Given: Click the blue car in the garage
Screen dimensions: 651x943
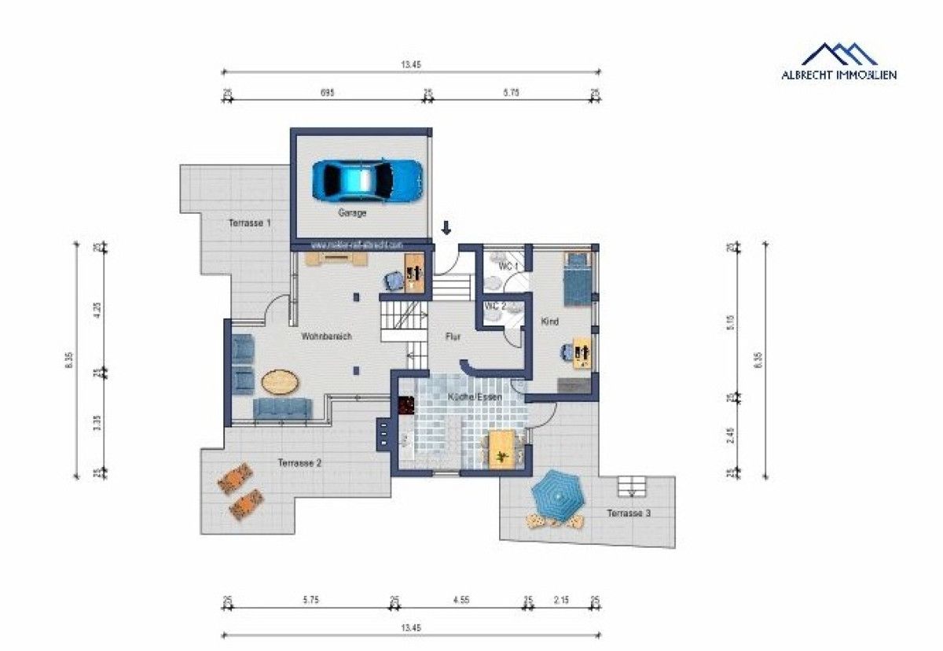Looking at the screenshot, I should pyautogui.click(x=366, y=180).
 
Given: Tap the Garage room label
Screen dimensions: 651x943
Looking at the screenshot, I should pyautogui.click(x=352, y=213).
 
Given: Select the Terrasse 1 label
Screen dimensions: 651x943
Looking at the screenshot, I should pyautogui.click(x=249, y=223).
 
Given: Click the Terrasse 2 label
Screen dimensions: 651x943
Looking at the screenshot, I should pyautogui.click(x=299, y=463).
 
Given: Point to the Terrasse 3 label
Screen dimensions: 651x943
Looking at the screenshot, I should pyautogui.click(x=628, y=513).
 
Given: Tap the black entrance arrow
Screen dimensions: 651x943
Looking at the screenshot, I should pyautogui.click(x=446, y=228).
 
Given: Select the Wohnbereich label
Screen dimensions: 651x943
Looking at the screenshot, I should pyautogui.click(x=326, y=337).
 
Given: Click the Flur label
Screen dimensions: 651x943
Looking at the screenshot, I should pyautogui.click(x=453, y=337).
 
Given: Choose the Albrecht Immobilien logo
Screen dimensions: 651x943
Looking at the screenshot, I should pyautogui.click(x=838, y=61).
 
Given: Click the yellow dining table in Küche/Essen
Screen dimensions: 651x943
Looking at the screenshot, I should pyautogui.click(x=501, y=449).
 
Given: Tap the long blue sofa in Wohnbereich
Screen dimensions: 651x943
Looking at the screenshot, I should pyautogui.click(x=282, y=407).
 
